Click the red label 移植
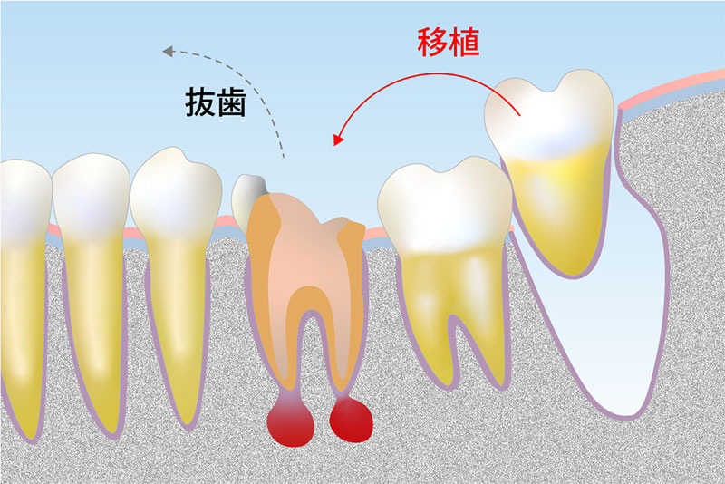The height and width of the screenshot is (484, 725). [x=448, y=42]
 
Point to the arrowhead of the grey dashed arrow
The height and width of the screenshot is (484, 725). [x=167, y=53]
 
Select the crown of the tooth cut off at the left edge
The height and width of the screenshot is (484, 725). [x=20, y=195]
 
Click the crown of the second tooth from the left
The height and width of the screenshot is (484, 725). [x=91, y=195]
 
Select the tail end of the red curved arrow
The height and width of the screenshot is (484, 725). [x=518, y=116]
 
